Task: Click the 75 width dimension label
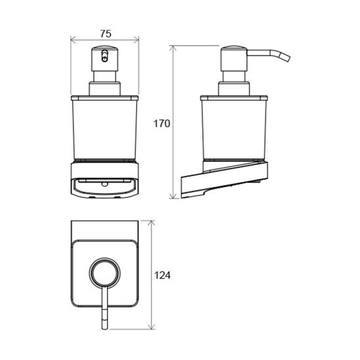point(106,34)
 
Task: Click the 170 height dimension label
point(162,124)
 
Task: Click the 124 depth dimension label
point(162,275)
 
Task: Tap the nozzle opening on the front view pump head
point(104,56)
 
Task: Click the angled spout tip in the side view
point(286,57)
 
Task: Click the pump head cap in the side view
point(233,58)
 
